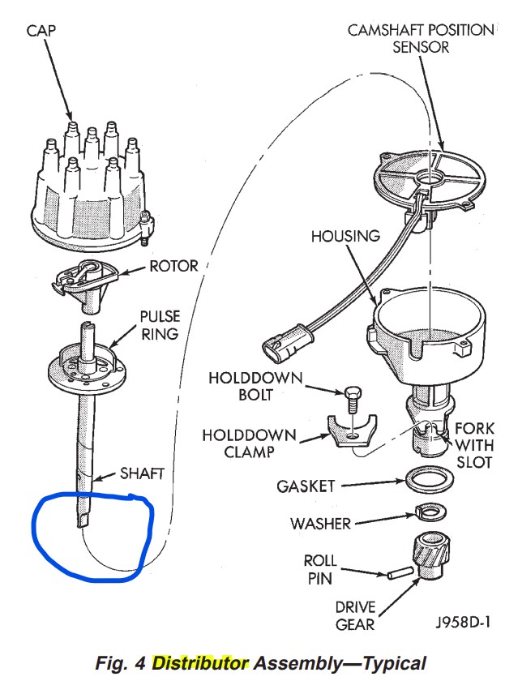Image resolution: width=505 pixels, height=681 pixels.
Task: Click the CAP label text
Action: (40, 31)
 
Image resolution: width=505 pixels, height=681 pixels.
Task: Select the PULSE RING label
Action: (160, 324)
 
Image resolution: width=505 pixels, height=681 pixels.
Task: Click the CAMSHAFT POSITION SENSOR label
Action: (420, 38)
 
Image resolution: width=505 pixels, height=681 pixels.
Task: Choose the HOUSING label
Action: (345, 236)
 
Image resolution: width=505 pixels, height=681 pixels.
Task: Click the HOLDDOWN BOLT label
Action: (244, 387)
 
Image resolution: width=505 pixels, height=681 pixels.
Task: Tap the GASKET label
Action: (306, 486)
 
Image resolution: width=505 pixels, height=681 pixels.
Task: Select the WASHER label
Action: (321, 523)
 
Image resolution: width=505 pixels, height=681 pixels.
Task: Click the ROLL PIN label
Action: (321, 568)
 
